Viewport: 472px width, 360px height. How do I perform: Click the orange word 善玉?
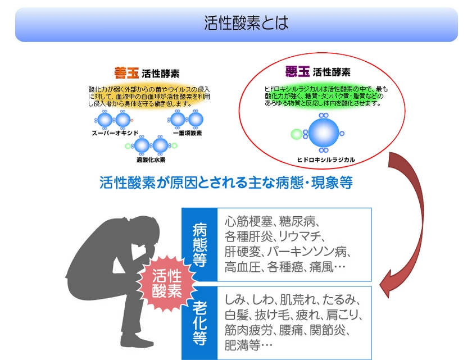click(x=126, y=72)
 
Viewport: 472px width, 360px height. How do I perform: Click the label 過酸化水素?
click(x=150, y=160)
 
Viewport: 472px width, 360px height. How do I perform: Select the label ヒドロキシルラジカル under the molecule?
click(x=325, y=160)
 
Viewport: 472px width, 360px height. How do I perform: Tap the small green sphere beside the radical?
click(x=296, y=134)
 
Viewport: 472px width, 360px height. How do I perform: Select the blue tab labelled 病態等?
click(x=199, y=245)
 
